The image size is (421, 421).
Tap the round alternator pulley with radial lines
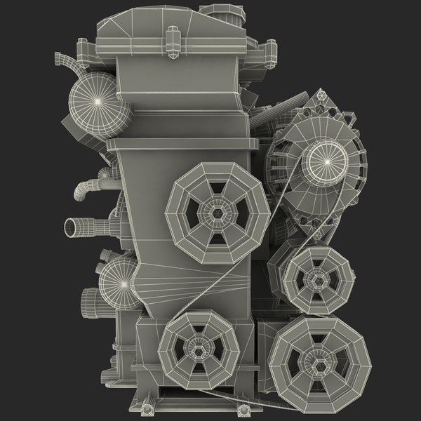326,161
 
